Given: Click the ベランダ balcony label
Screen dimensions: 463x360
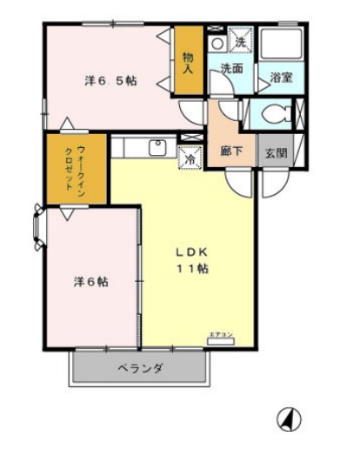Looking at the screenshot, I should (x=140, y=368).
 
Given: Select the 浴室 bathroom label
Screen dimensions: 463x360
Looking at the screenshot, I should (x=280, y=77).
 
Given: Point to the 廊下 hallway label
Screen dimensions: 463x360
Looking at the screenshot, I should (x=231, y=149).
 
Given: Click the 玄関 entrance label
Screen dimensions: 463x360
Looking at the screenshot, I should (x=277, y=150).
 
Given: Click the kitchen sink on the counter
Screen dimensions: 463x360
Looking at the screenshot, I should (x=158, y=147).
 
